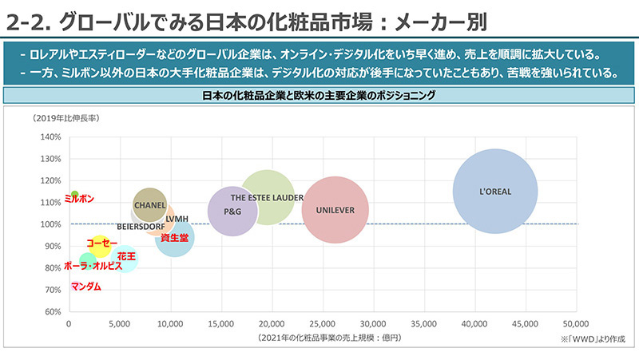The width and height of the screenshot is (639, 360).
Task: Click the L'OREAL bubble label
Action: click(494, 192)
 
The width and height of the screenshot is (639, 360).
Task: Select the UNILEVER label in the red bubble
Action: click(335, 211)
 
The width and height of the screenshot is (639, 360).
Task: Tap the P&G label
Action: click(232, 212)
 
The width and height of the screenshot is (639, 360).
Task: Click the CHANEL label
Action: click(149, 205)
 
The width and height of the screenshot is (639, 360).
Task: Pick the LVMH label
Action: click(177, 219)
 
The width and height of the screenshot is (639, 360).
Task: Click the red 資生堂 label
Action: click(174, 238)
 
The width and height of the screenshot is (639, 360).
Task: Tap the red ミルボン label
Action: click(80, 198)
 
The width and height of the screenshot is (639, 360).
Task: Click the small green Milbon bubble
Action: click(74, 194)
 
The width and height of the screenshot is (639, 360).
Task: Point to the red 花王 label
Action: click(126, 256)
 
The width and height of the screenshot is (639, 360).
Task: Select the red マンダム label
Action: click(86, 286)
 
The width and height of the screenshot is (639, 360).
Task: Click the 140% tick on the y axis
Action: click(50, 136)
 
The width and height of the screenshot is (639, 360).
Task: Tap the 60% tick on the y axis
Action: click(50, 311)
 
